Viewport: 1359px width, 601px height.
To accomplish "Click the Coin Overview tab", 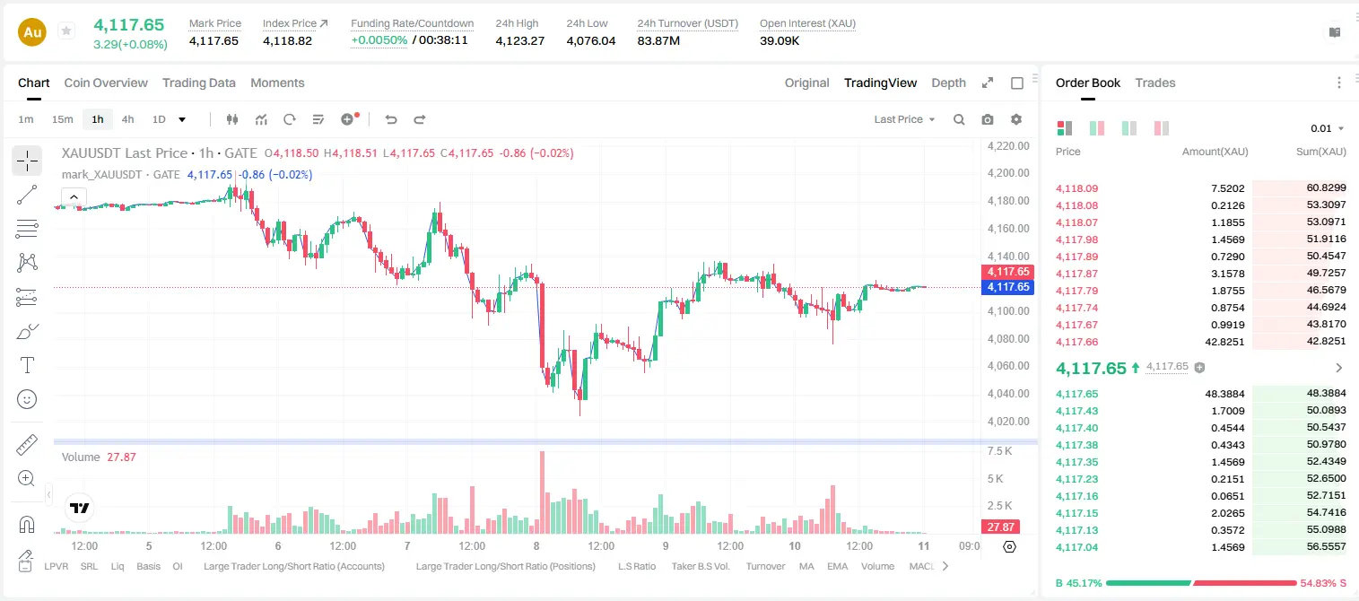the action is (106, 83).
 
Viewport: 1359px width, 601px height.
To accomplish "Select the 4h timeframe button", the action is (127, 119).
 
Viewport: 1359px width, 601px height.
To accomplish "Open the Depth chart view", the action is (948, 83).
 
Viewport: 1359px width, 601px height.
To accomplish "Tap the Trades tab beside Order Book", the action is (1155, 83).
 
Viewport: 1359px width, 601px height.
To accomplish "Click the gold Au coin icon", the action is (32, 32).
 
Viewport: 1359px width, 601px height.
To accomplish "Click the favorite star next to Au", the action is (66, 30).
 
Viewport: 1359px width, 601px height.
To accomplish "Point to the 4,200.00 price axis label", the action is (1008, 173).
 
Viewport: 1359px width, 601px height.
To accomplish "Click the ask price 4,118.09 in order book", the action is (1076, 188).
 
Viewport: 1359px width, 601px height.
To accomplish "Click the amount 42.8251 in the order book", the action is (1224, 342).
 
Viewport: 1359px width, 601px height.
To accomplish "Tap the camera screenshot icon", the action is (988, 119).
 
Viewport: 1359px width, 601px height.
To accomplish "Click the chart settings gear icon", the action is (1016, 119).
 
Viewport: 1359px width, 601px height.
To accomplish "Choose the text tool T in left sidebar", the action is (27, 365).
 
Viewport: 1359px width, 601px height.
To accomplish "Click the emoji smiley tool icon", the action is (27, 399).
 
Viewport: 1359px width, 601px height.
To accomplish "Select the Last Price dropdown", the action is (904, 119).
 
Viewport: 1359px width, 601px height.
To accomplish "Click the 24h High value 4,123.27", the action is (520, 40).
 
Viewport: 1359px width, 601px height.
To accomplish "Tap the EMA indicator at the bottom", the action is (837, 566).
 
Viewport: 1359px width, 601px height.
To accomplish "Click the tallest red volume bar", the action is (543, 492).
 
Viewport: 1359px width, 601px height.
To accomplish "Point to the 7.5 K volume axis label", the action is (999, 451).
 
